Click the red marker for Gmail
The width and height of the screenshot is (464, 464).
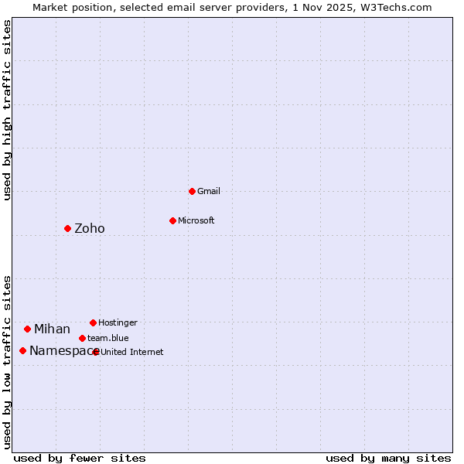[x=192, y=191]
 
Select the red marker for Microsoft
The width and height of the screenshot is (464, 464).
[x=172, y=220]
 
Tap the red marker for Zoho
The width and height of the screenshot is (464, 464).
[x=67, y=228]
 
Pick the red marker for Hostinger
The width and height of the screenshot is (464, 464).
[x=93, y=322]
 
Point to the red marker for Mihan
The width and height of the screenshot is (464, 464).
[x=27, y=329]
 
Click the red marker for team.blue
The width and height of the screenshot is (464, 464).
[x=82, y=338]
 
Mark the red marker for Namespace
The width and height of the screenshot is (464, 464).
[x=22, y=350]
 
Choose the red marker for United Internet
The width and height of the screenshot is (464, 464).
[x=96, y=352]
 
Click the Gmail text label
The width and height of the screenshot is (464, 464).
[x=209, y=191]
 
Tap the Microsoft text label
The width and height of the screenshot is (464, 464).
[x=196, y=220]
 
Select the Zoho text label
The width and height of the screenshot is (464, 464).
[x=90, y=228]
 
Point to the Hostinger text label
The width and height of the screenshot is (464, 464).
[x=118, y=322]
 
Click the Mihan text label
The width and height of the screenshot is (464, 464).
[x=52, y=329]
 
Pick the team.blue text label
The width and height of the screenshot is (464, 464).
[x=108, y=338]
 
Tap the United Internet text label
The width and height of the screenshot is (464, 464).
[x=132, y=352]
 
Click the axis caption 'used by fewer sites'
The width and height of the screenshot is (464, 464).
[x=80, y=458]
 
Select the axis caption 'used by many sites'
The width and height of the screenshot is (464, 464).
[x=388, y=458]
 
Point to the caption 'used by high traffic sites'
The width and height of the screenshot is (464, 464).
[x=8, y=110]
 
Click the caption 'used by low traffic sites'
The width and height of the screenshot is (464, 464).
[x=8, y=361]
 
